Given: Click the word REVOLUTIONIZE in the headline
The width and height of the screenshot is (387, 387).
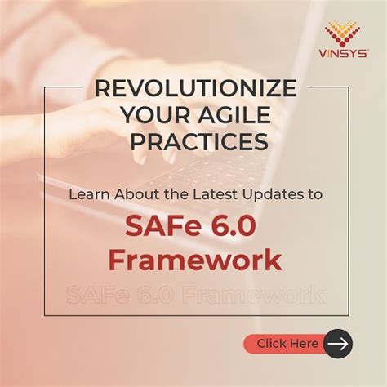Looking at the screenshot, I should click(x=193, y=89).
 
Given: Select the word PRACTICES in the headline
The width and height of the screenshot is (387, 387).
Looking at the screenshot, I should click(x=193, y=141).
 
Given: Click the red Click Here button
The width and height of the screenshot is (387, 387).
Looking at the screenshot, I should click(x=286, y=344).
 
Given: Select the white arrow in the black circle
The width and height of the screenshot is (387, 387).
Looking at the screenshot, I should click(x=337, y=344).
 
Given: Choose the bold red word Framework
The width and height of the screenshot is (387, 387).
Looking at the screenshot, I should click(x=195, y=260).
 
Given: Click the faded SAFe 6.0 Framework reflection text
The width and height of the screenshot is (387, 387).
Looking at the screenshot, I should click(x=195, y=293).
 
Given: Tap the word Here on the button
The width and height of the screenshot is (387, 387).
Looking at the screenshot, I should click(x=303, y=344).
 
